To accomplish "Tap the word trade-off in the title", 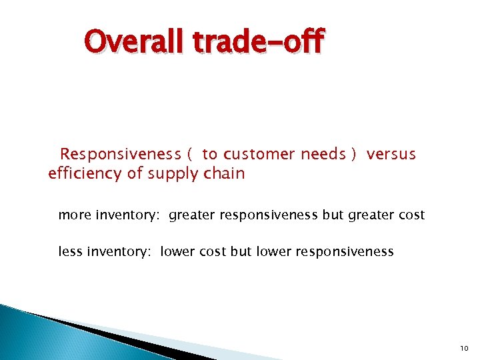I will (258, 42).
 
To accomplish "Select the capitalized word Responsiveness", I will (121, 155).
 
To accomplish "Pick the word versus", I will (391, 155).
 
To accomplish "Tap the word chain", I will (225, 174).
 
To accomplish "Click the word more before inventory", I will (75, 215).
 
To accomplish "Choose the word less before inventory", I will (70, 252).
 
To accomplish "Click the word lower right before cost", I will (179, 252).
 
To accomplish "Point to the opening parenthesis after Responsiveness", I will (189, 155).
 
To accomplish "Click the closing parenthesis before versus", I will (353, 155).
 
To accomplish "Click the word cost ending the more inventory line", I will (412, 215).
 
